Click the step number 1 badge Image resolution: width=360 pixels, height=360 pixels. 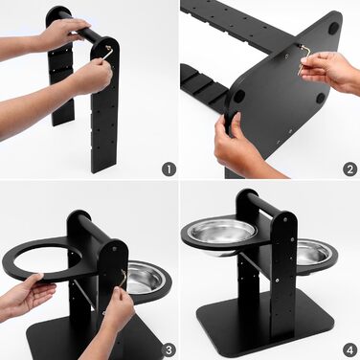169,169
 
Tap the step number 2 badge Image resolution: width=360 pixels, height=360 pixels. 350,169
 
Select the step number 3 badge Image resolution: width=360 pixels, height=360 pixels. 169,350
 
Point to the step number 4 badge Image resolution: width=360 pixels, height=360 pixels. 350,350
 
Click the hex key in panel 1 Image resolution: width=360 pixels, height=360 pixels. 108,53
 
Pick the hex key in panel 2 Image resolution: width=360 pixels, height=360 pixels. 304,59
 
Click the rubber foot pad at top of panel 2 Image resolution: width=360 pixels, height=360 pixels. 334,28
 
